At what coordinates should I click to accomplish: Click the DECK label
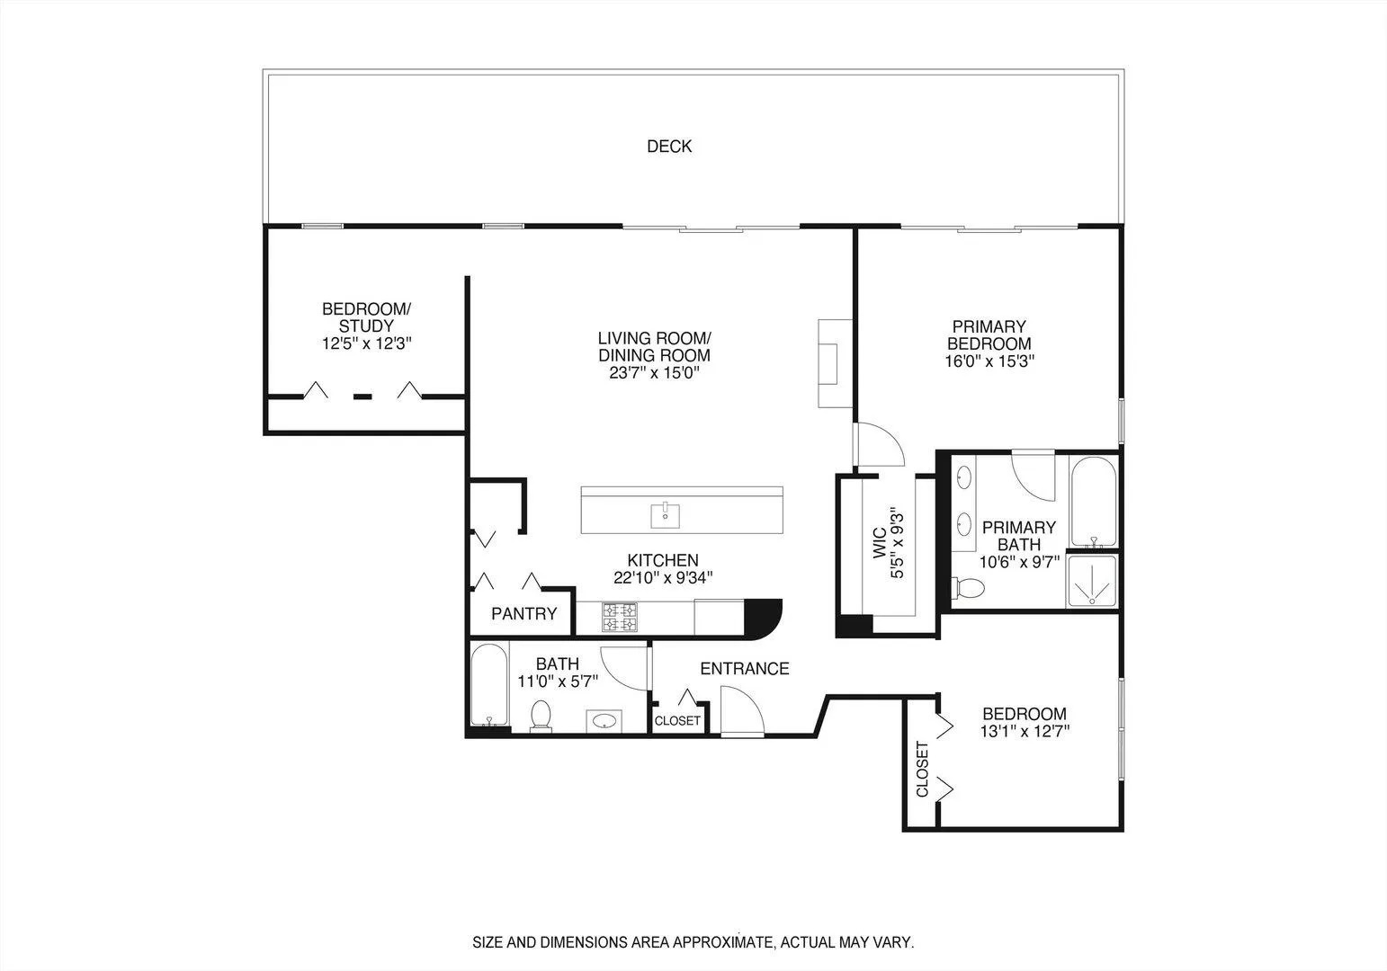[x=669, y=147]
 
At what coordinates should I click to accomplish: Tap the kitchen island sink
[x=666, y=515]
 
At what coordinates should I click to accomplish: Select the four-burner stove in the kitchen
[x=620, y=617]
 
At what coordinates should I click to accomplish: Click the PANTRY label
[x=523, y=615]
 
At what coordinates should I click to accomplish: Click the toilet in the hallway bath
[x=541, y=715]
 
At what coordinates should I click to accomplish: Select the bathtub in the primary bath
[x=1093, y=502]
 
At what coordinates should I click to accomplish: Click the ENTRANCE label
[x=744, y=669]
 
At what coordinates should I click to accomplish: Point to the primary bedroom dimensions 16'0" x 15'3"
[x=989, y=361]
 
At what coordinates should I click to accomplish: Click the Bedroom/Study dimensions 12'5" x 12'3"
[x=366, y=343]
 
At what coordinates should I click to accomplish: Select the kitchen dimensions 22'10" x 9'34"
[x=663, y=578]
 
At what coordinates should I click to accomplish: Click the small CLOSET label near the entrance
[x=677, y=721]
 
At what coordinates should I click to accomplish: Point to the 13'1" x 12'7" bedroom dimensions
[x=1025, y=731]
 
